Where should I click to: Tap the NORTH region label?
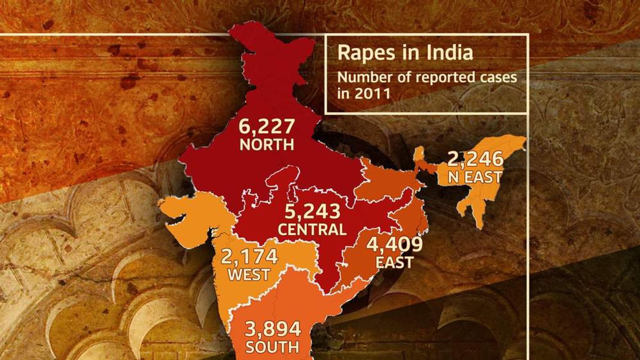[x=267, y=144]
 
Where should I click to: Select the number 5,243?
[x=312, y=212]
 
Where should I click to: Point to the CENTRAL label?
[x=312, y=229]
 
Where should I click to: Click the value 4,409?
[x=394, y=244]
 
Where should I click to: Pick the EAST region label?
[x=394, y=262]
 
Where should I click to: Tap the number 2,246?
[x=475, y=159]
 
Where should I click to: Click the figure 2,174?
[x=249, y=256]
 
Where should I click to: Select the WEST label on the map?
[x=249, y=275]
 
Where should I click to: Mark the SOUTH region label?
[x=272, y=347]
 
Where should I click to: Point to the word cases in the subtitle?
[x=498, y=77]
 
